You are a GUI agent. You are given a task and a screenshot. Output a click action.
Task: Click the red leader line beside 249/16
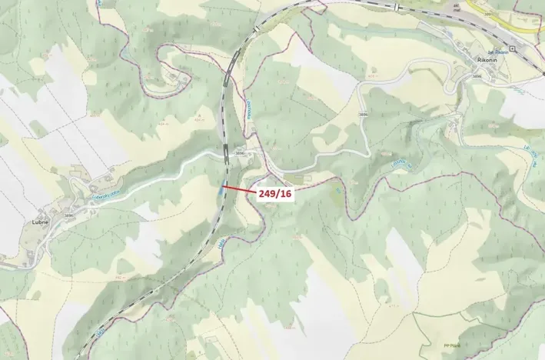click(x=239, y=188)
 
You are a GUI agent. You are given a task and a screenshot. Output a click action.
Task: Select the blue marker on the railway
click(x=223, y=187)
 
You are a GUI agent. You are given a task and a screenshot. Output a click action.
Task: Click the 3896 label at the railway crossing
click(x=238, y=154)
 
